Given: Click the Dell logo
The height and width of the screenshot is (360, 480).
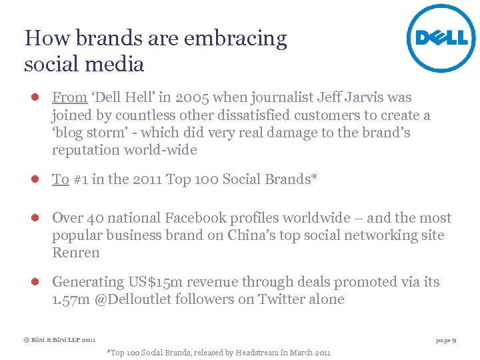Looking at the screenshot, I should click(441, 37).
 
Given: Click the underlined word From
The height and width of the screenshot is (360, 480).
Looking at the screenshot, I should click(69, 98).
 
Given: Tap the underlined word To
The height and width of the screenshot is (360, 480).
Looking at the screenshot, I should click(60, 179).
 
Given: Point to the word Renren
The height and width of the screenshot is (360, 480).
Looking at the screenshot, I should click(75, 253).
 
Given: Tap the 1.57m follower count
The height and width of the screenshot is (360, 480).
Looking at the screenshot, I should click(71, 299).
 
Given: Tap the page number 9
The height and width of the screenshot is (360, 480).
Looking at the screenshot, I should click(453, 340).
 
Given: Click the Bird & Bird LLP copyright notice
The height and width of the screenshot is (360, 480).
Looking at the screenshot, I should click(59, 340).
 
